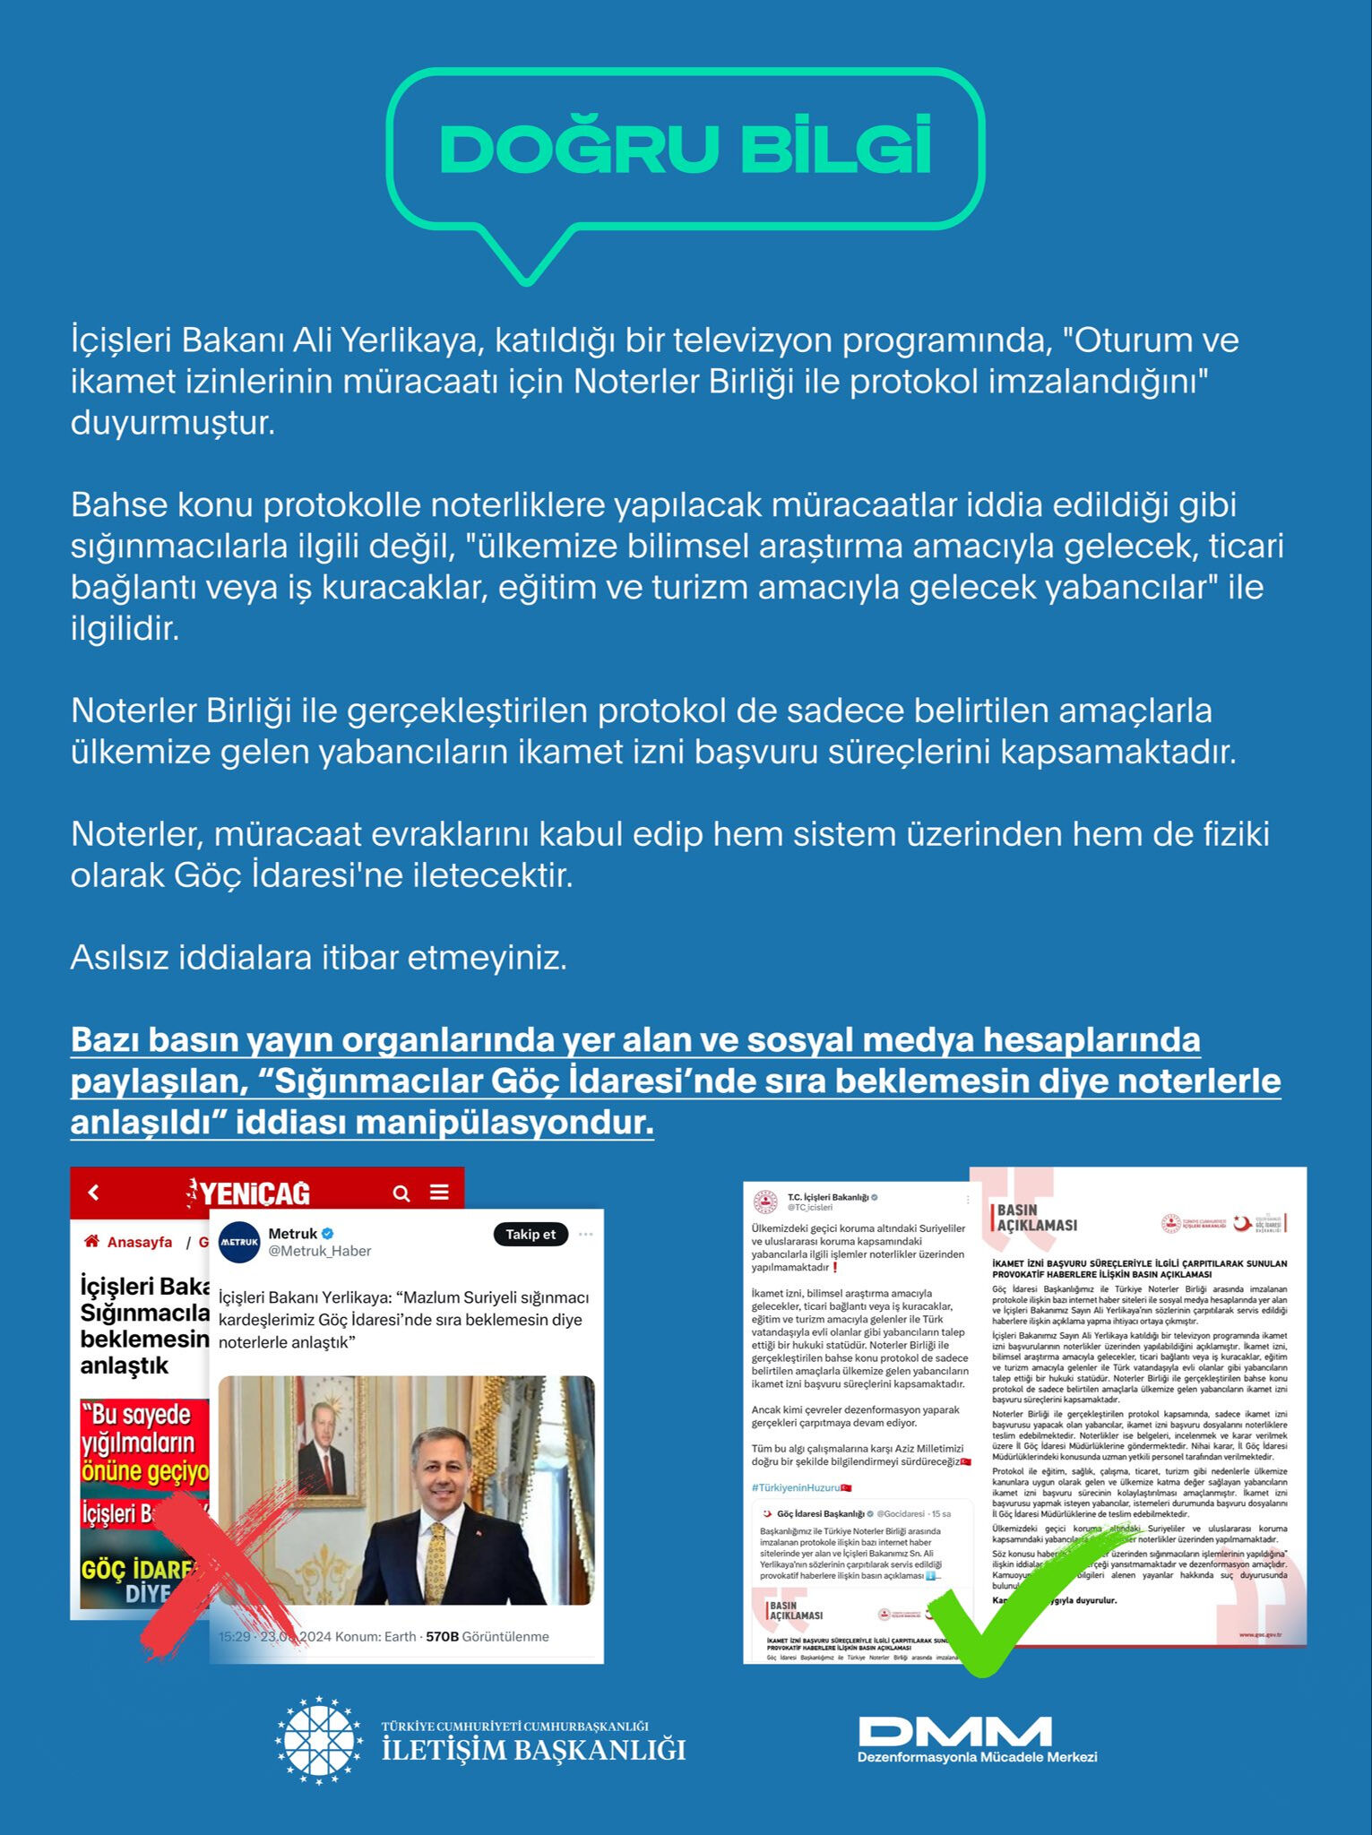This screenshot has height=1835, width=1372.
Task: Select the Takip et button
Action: coord(531,1235)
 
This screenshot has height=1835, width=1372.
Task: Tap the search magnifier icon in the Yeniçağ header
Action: coord(401,1193)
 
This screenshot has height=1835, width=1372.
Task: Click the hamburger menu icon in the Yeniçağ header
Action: coord(439,1193)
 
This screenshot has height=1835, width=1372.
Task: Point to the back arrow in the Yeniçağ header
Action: coord(94,1193)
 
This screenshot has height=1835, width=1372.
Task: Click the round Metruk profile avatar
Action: coord(239,1242)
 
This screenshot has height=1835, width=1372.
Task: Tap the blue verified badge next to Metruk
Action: coord(329,1234)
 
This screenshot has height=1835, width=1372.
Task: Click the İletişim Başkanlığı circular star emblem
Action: coord(319,1741)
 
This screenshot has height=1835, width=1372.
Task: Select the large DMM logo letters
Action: coord(954,1731)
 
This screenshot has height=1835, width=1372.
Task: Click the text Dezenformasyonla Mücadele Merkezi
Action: coord(977,1758)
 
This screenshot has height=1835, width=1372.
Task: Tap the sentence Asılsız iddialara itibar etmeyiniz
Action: coord(319,958)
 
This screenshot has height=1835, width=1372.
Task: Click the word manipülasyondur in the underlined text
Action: coord(534,1123)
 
